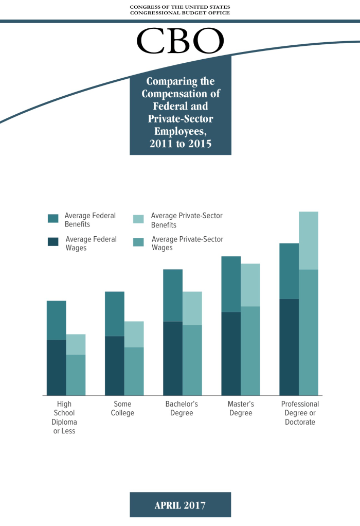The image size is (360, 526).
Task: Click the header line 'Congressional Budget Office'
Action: coord(180,13)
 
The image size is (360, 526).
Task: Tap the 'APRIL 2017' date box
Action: coord(180,505)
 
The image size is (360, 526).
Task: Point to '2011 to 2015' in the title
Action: coord(181,144)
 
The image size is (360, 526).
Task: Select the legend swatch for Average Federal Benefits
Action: coord(53,218)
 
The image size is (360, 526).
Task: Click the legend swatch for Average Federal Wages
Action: coord(53,241)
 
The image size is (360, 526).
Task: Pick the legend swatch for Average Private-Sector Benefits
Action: coord(138,218)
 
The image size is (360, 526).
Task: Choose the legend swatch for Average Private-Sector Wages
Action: coord(138,241)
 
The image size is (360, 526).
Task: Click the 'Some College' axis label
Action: coord(122,409)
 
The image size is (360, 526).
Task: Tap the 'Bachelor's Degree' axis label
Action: coord(182,409)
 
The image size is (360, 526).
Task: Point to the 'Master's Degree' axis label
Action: coord(241,409)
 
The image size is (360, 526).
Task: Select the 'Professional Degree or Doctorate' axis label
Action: coord(300,413)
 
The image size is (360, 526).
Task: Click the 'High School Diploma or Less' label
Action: coord(64,417)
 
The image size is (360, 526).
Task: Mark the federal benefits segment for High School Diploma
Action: coord(57,320)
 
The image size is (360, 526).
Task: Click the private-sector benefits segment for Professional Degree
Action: coord(309,240)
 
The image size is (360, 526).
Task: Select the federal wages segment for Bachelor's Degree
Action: coord(173,358)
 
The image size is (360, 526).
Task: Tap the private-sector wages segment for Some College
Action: coord(134,371)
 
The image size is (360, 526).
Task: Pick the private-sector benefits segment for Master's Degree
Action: coord(250,285)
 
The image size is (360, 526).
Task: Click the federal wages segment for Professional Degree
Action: coord(289,347)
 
